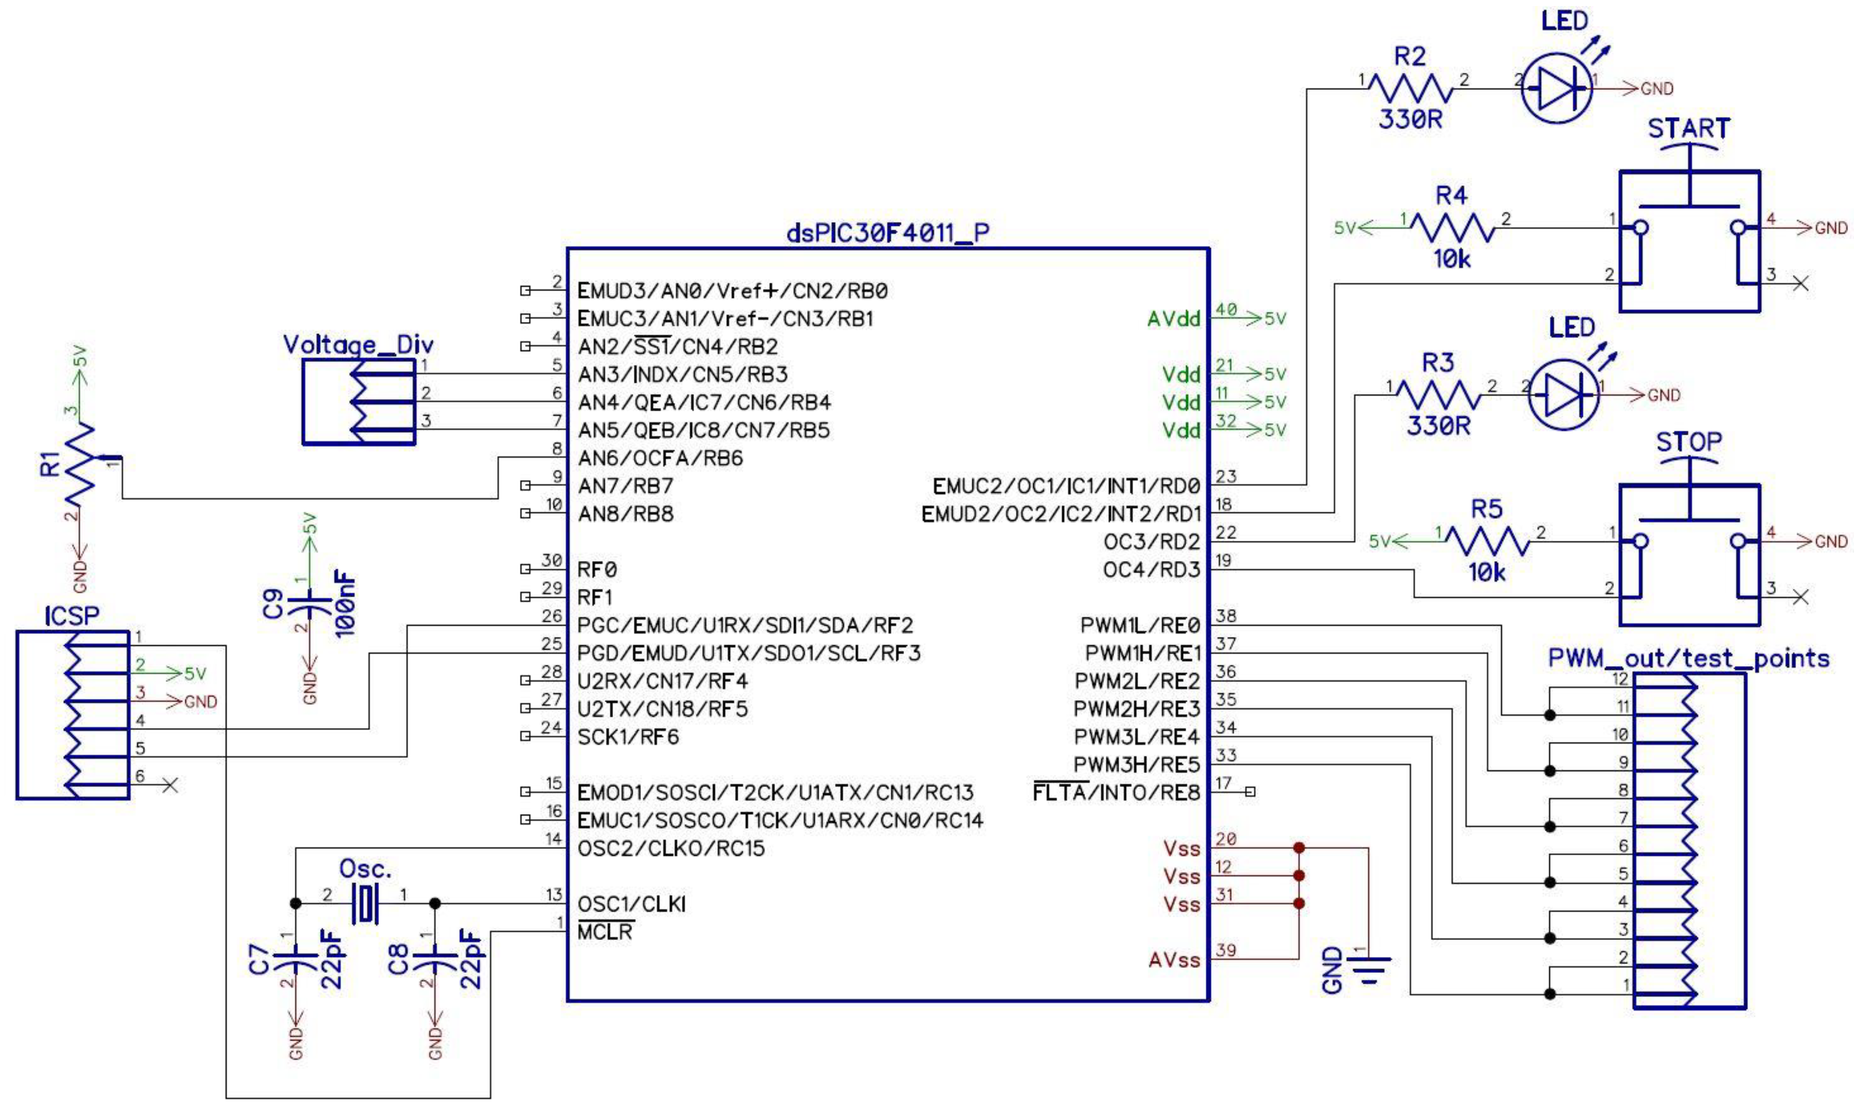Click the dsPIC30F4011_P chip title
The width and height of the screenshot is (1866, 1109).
coord(887,233)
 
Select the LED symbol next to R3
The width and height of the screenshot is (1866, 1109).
coord(1564,394)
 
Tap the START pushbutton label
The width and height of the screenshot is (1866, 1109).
coord(1688,129)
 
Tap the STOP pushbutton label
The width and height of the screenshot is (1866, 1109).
coord(1688,442)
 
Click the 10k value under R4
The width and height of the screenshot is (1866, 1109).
coord(1451,259)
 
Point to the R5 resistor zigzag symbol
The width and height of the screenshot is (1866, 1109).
coord(1486,540)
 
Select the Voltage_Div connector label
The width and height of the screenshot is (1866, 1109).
coord(358,345)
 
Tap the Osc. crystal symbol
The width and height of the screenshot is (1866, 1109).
coord(365,903)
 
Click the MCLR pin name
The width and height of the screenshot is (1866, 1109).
coord(605,932)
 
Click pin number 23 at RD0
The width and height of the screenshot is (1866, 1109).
coord(1226,476)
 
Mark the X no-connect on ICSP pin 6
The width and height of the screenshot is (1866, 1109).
coord(171,785)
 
